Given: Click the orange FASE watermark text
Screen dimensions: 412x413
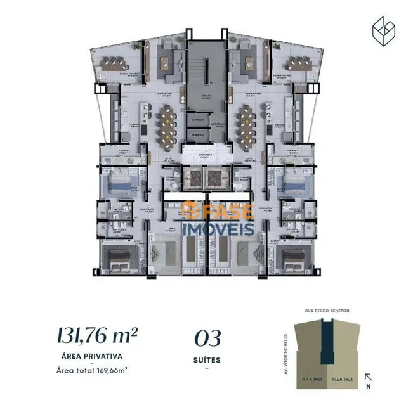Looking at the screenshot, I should click(x=219, y=211).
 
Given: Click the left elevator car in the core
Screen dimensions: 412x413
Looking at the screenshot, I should click(x=191, y=178).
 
